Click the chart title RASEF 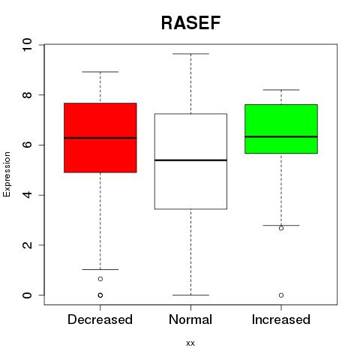click(x=190, y=23)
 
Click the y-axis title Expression click(x=7, y=174)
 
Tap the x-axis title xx click(x=190, y=343)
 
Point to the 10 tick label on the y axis click(x=27, y=45)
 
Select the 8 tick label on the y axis click(x=27, y=95)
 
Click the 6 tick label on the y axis click(x=27, y=145)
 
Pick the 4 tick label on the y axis click(x=27, y=195)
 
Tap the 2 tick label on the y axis click(x=27, y=245)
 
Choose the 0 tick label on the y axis click(x=27, y=295)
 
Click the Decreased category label click(x=100, y=319)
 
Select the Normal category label click(x=190, y=319)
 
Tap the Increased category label click(x=281, y=319)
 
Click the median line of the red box click(x=100, y=138)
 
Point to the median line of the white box click(x=190, y=160)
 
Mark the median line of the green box click(x=281, y=136)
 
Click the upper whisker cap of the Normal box click(x=190, y=54)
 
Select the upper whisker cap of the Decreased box click(x=100, y=72)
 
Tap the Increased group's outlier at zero click(x=281, y=295)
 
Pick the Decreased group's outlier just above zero click(x=100, y=279)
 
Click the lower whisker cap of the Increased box click(x=281, y=225)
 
